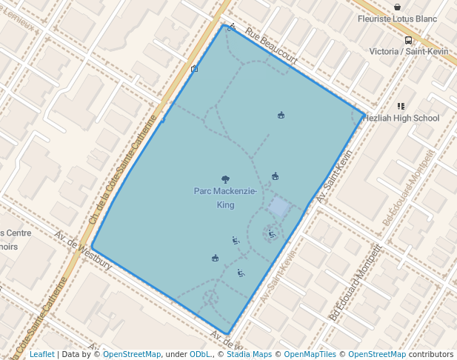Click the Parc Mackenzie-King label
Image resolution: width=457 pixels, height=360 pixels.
coord(225,198)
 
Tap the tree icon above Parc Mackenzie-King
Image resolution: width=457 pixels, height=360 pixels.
coord(225,179)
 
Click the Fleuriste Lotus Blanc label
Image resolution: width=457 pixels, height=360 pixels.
coord(398,19)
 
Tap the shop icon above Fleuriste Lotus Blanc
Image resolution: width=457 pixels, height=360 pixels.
coord(398,7)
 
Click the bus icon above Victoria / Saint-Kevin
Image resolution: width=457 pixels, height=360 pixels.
coord(408,41)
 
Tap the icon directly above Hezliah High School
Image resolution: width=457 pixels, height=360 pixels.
coord(401,107)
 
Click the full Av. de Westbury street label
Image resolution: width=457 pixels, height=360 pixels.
coord(83,250)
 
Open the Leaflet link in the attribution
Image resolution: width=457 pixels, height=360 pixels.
coord(42,354)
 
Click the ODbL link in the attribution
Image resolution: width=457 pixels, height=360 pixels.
coord(200,354)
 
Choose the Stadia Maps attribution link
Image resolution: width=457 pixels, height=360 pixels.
coord(249,354)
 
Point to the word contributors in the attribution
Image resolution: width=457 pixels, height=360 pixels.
coord(430,354)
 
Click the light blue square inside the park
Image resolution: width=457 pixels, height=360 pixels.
coord(279,207)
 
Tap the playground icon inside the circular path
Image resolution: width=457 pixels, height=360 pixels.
coord(272,234)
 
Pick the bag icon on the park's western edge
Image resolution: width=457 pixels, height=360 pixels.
coord(194,69)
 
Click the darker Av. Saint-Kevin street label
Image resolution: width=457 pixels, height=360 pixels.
coord(333,178)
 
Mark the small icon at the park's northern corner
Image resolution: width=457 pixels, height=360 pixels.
coord(233,27)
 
